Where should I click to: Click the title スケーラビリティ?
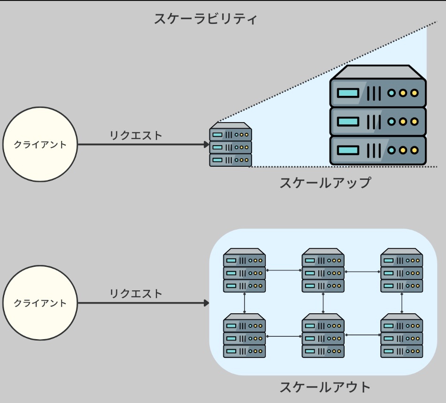(206, 20)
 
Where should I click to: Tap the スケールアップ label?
(325, 183)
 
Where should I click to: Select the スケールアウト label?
(325, 387)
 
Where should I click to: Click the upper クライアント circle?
(40, 145)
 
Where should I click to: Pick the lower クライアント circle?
(40, 303)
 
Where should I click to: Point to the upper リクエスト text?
(136, 136)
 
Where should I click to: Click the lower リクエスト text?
(136, 294)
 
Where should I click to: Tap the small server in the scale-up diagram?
(231, 145)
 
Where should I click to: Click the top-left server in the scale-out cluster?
(244, 271)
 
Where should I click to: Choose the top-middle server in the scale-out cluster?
(323, 271)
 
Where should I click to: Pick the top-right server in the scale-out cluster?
(402, 271)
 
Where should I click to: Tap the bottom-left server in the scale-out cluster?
(244, 335)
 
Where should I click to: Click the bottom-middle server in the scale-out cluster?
(323, 335)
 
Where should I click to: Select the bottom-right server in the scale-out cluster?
(402, 335)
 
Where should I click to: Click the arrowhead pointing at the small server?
(207, 145)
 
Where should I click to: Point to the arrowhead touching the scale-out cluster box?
(207, 303)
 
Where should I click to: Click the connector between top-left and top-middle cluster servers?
(284, 271)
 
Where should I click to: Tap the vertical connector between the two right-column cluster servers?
(402, 303)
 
